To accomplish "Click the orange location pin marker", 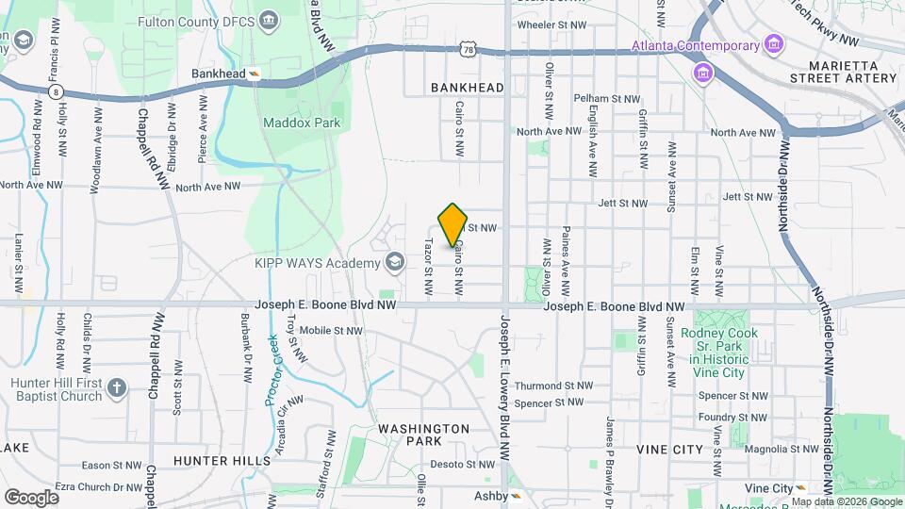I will click(x=453, y=225).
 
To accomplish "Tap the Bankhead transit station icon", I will click(x=255, y=73).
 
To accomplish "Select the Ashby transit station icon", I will click(x=515, y=495).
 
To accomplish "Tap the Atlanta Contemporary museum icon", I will click(x=773, y=45).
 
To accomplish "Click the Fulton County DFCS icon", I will click(x=270, y=21).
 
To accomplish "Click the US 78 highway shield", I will click(x=469, y=48).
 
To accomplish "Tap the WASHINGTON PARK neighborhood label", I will click(x=423, y=435).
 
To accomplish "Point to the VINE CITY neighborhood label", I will click(x=669, y=450).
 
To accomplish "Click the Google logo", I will click(x=31, y=497).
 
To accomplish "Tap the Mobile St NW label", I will click(x=331, y=330).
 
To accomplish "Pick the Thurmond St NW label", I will click(x=553, y=386).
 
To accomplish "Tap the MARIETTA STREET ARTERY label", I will click(x=845, y=71).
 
